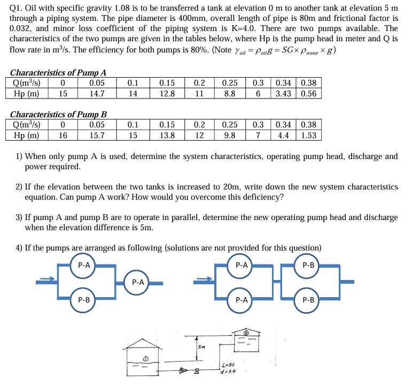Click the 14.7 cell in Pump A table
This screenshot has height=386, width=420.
click(97, 93)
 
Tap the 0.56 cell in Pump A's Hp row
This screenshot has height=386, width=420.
click(308, 93)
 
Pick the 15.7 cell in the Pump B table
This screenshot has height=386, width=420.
click(97, 135)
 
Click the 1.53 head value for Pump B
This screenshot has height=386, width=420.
click(308, 135)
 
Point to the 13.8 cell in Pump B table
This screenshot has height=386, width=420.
click(167, 135)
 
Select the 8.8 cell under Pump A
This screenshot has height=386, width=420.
click(230, 93)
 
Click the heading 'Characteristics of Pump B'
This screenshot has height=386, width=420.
click(59, 115)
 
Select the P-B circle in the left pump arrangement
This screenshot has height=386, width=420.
click(83, 300)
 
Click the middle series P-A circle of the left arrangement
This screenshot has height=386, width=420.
click(137, 281)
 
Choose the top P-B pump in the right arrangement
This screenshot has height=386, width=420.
click(308, 264)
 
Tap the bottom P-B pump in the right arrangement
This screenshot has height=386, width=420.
click(308, 300)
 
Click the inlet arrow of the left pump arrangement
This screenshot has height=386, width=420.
click(46, 278)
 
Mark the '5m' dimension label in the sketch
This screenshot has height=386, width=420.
click(201, 346)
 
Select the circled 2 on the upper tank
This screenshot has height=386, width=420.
click(247, 332)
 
